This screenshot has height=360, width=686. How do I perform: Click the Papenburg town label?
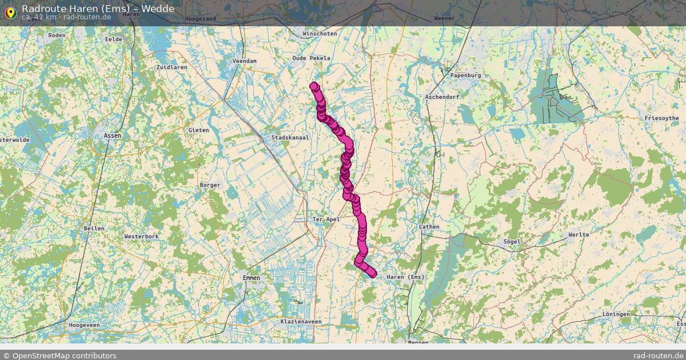click(465, 75)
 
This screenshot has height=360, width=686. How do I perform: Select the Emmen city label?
click(251, 278)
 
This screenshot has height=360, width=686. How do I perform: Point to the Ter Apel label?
click(326, 219)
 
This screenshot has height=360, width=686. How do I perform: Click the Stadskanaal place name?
click(290, 138)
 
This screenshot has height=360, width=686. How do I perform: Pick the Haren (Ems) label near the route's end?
click(406, 277)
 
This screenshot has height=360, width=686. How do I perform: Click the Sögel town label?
click(512, 242)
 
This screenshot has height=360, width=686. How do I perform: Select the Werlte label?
click(579, 235)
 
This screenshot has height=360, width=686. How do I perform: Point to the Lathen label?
click(429, 227)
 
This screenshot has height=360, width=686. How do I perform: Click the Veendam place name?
click(245, 61)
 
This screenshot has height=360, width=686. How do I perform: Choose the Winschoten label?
click(320, 34)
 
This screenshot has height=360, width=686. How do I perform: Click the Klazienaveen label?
click(301, 322)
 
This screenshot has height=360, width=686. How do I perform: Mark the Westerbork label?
click(141, 236)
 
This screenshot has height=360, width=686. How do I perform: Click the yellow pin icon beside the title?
click(10, 11)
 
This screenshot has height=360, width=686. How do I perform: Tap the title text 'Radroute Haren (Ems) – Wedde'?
click(98, 9)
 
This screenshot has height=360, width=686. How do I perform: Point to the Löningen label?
click(616, 314)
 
